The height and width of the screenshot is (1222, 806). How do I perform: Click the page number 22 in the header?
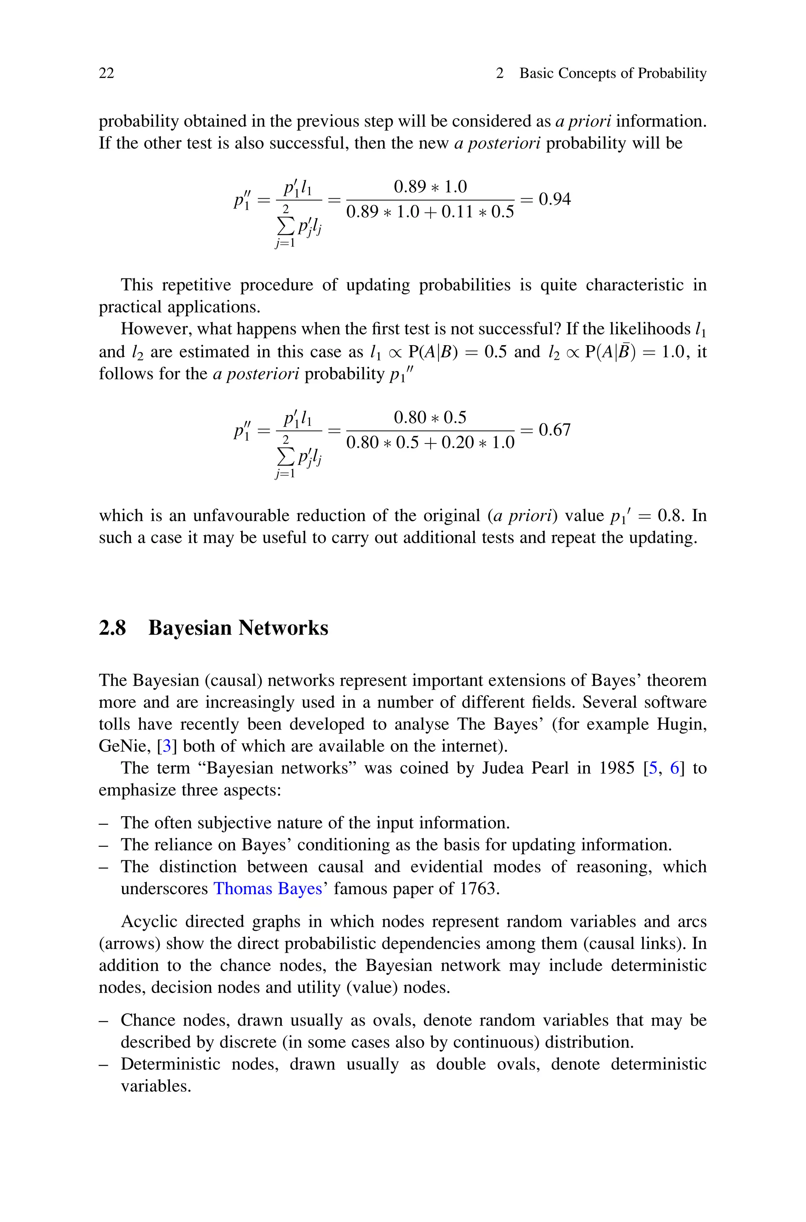pos(106,74)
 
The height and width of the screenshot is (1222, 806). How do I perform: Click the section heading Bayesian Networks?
pos(238,628)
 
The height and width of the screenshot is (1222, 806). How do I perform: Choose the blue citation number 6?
pos(675,768)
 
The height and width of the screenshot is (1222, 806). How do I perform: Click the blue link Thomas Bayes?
pos(267,889)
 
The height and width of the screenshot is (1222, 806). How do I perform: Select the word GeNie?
pos(123,746)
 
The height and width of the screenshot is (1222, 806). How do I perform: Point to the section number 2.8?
pos(112,628)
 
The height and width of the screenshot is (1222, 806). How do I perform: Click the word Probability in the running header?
pos(672,74)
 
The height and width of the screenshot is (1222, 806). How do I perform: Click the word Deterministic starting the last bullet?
pos(170,1064)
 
